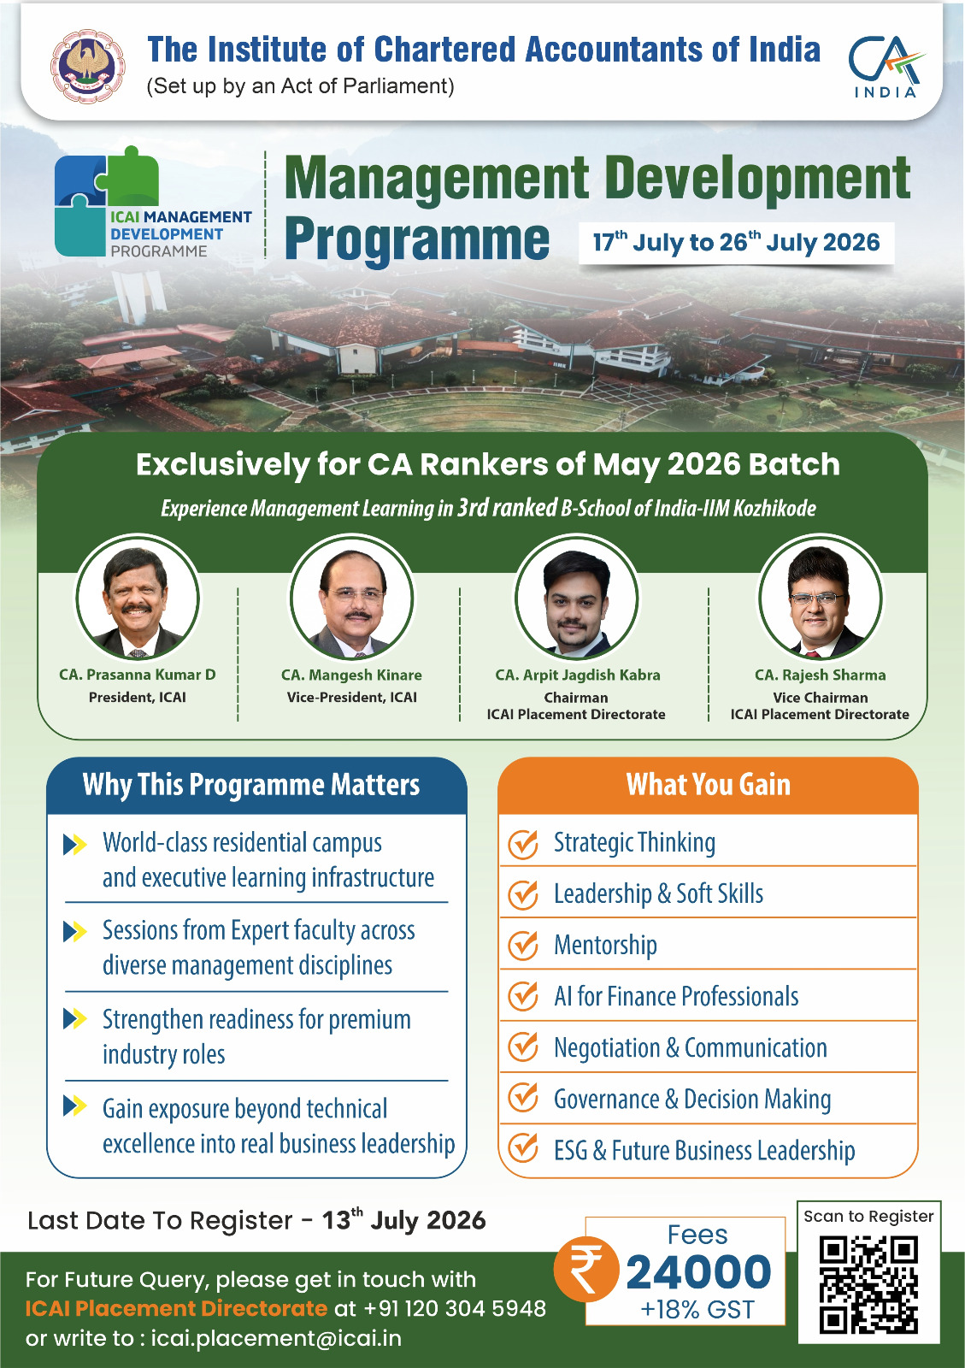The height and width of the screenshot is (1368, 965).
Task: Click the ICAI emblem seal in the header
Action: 87,66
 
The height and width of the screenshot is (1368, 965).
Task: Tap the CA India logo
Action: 886,66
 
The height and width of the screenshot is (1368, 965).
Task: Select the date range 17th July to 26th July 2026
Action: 736,243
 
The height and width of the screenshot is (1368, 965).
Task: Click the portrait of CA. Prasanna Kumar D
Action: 138,598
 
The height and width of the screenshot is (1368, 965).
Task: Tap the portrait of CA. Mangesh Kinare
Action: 351,598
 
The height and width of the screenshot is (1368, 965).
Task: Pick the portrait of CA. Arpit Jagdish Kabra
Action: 576,598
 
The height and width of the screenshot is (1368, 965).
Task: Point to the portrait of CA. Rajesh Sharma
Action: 820,598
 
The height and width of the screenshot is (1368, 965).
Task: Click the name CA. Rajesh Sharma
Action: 820,675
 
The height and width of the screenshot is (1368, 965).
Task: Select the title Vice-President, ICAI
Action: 351,698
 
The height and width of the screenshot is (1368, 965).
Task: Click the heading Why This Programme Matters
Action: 250,785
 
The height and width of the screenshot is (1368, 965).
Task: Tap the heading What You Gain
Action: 708,785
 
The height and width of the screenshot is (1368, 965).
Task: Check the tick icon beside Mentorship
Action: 523,945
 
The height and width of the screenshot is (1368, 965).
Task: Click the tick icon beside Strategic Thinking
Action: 523,843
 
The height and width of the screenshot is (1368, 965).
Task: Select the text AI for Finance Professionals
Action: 676,997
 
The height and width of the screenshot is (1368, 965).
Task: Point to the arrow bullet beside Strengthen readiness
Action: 74,1018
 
